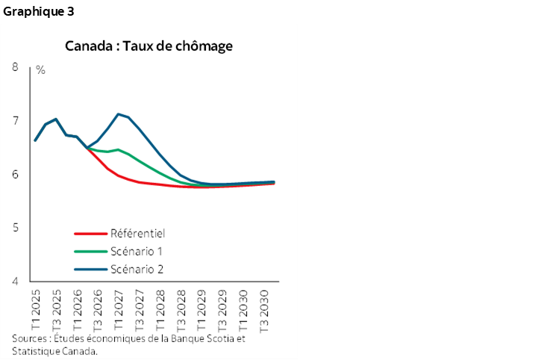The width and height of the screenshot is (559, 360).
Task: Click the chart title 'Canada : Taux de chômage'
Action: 149,46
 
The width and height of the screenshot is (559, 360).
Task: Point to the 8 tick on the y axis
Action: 15,68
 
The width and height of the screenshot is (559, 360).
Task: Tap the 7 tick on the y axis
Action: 15,121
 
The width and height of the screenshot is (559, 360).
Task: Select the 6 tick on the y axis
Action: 15,175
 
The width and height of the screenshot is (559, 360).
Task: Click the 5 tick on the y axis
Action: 15,228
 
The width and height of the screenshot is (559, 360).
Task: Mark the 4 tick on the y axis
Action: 15,282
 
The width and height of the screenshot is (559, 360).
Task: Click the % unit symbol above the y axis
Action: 40,70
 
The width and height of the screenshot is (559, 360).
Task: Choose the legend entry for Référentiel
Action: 137,233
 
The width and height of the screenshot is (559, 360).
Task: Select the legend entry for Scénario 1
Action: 137,251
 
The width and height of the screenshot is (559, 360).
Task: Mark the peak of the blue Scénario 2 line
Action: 118,114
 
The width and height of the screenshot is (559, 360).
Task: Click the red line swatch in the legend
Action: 90,233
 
